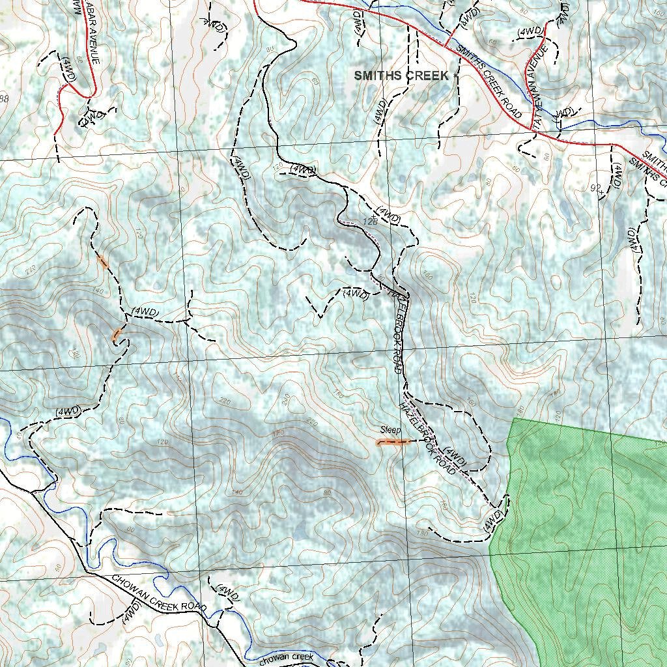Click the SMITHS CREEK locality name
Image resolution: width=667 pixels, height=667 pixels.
(x=401, y=76)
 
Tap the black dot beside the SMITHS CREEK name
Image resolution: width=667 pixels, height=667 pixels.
(x=455, y=76)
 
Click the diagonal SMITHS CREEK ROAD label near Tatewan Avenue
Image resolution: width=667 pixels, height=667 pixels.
(x=489, y=81)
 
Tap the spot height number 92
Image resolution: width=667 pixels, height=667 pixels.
(x=594, y=188)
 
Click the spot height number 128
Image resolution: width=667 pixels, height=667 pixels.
(x=370, y=222)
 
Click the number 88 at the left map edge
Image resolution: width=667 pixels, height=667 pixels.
(x=4, y=99)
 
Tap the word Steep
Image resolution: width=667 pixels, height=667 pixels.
(x=391, y=431)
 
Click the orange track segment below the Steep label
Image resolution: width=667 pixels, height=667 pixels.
(x=393, y=442)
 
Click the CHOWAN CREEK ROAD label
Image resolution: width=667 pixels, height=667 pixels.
(x=159, y=593)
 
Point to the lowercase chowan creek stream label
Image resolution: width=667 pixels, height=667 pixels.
(x=287, y=658)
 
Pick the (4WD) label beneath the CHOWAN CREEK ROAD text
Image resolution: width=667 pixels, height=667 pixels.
(x=132, y=613)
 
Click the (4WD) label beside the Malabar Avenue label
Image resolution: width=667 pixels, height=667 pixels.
(x=70, y=69)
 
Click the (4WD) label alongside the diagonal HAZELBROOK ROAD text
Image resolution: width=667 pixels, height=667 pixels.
(x=454, y=455)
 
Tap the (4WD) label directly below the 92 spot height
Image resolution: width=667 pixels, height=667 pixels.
(x=617, y=175)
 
